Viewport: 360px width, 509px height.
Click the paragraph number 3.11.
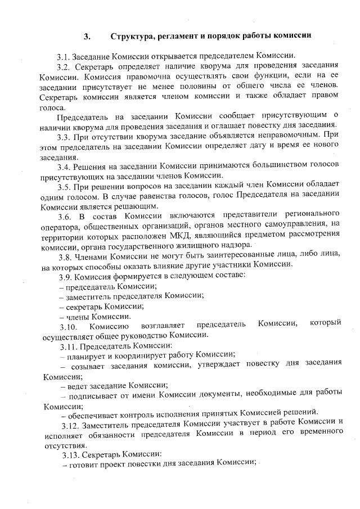68,345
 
